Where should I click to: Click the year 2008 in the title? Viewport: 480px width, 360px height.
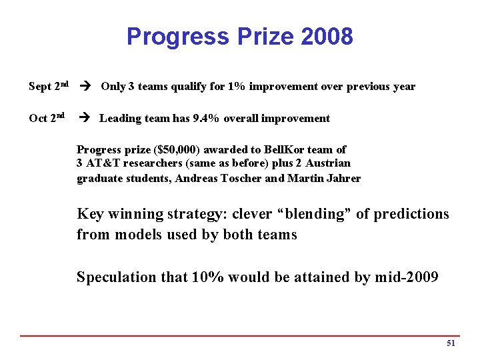327,37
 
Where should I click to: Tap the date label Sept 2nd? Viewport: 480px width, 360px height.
49,86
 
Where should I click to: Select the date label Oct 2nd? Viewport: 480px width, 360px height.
47,118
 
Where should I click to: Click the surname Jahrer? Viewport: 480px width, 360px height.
342,178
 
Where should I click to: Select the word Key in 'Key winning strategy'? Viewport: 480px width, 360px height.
90,214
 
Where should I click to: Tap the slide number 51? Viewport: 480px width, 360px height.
451,343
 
